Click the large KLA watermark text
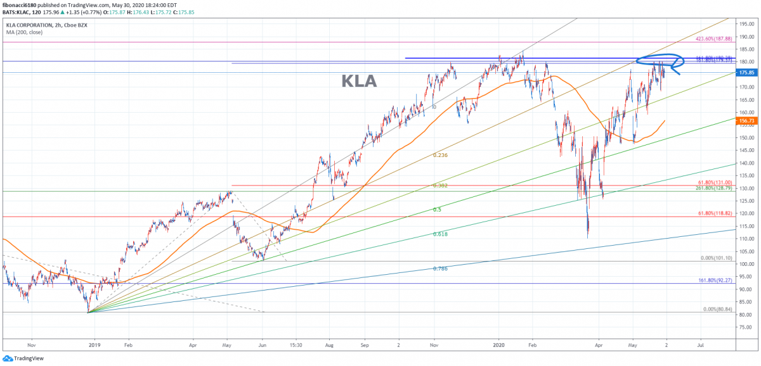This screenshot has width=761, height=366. [359, 81]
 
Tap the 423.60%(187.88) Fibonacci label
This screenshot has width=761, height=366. [714, 39]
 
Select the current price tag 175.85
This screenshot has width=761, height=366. [746, 73]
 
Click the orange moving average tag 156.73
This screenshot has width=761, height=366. [746, 120]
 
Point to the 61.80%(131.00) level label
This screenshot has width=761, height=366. [714, 182]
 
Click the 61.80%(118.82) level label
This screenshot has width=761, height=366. [714, 213]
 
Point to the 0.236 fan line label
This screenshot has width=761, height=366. [441, 155]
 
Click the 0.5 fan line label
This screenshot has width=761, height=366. [437, 209]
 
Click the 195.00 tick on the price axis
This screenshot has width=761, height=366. [746, 23]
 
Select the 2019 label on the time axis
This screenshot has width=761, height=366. [94, 346]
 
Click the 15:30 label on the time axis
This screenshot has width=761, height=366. [295, 346]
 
